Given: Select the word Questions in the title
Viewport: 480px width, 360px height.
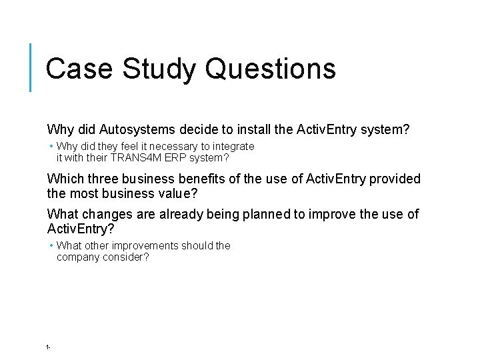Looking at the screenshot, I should tap(271, 69).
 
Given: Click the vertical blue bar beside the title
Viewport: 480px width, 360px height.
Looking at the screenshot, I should tap(31, 67).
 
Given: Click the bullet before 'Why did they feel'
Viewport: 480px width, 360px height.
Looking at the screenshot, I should tap(51, 146).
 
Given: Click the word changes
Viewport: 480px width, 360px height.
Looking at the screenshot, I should tap(102, 214).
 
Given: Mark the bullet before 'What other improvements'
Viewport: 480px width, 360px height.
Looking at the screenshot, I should tap(51, 245).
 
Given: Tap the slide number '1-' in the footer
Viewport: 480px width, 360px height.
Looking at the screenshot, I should tap(49, 347).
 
